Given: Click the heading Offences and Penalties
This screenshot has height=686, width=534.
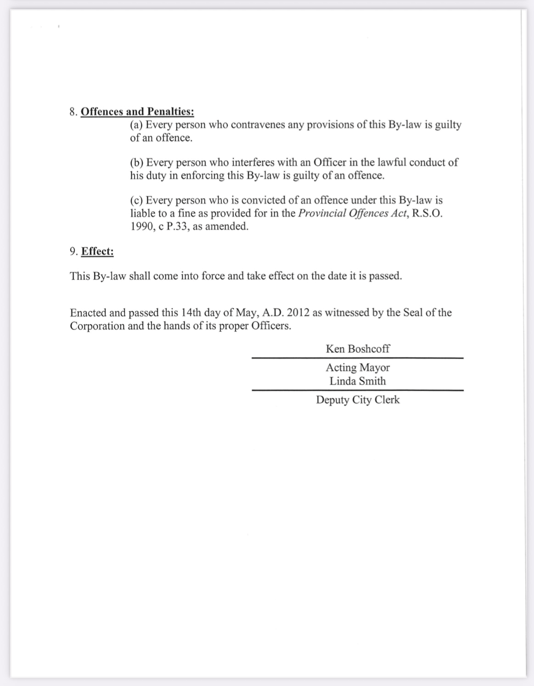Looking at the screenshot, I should point(137,112).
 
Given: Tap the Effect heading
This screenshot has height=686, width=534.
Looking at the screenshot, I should point(97,251).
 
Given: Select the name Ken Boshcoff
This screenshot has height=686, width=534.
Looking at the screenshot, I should point(358,349).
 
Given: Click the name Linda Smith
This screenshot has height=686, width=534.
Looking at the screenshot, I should point(358,381).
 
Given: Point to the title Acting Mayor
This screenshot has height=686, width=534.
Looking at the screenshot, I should point(358,367).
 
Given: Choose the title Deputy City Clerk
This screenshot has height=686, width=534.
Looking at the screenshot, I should point(358,399).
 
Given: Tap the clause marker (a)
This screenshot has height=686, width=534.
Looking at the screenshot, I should point(136,125).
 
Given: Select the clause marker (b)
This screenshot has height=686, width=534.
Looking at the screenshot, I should point(137,163).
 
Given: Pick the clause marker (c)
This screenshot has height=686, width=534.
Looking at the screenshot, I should point(136,200).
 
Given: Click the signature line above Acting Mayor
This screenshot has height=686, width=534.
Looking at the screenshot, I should point(358,358).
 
